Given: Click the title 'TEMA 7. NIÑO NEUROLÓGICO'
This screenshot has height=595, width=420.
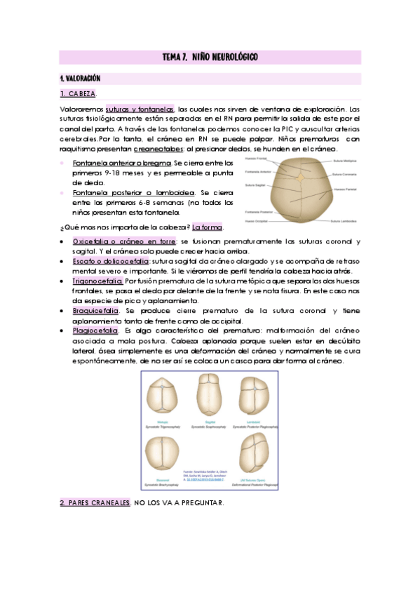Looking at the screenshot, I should (x=210, y=56).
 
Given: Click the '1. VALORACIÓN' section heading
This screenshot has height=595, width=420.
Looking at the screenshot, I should (x=81, y=78).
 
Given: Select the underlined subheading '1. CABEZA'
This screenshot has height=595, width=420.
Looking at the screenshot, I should (x=78, y=93).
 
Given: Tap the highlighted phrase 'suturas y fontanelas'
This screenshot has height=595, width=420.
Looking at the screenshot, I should (x=140, y=109).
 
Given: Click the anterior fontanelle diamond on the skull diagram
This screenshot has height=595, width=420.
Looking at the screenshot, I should (x=300, y=178).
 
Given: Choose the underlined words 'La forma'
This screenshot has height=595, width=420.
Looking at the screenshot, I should (x=208, y=227).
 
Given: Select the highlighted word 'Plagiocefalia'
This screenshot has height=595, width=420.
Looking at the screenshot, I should (x=95, y=330).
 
